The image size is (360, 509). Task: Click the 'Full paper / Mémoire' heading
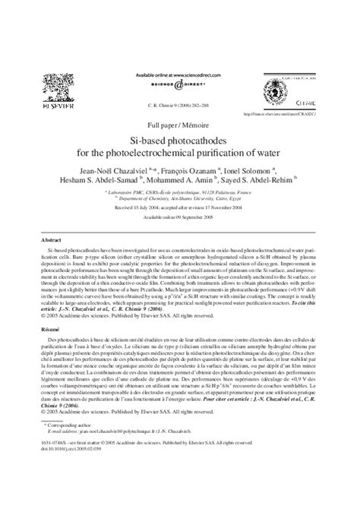click(179, 124)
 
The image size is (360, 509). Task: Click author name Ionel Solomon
click(251, 173)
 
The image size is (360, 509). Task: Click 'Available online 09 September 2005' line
click(180, 217)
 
